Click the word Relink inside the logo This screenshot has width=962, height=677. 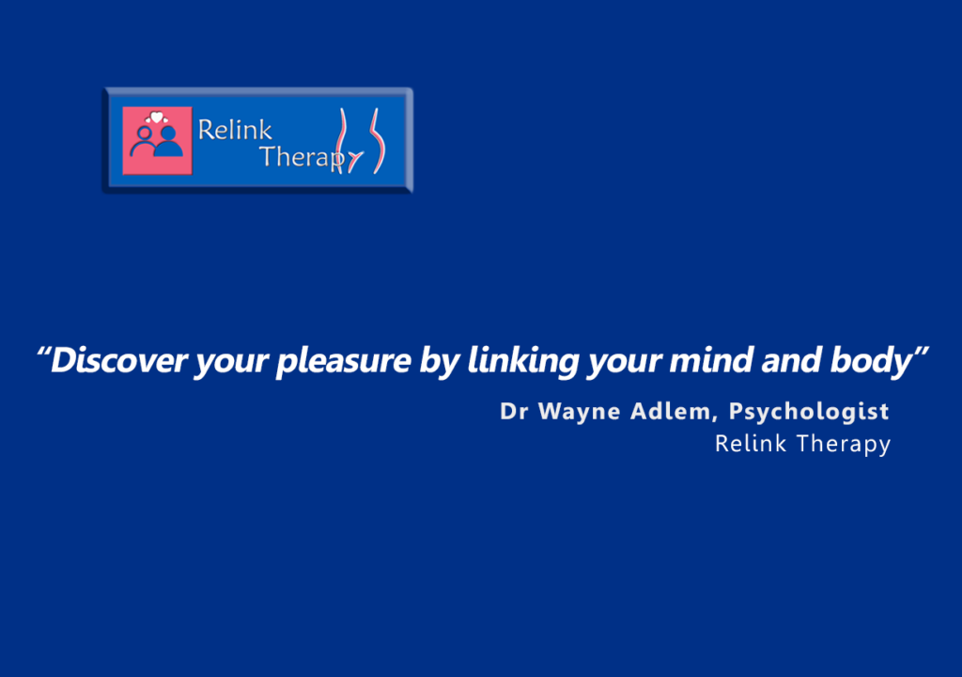pyautogui.click(x=235, y=130)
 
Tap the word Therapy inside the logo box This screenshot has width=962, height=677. pyautogui.click(x=311, y=158)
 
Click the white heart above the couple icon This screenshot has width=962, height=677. pyautogui.click(x=157, y=116)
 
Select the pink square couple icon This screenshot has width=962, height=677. pyautogui.click(x=157, y=141)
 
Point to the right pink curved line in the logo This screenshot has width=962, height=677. pyautogui.click(x=379, y=141)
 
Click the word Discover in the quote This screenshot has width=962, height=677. pyautogui.click(x=119, y=360)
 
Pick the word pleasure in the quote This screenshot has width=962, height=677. pyautogui.click(x=344, y=361)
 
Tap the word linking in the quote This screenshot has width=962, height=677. pyautogui.click(x=523, y=361)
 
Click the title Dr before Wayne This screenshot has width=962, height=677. pyautogui.click(x=514, y=411)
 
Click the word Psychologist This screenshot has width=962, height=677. pyautogui.click(x=809, y=412)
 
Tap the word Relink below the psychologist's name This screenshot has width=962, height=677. pyautogui.click(x=751, y=443)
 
